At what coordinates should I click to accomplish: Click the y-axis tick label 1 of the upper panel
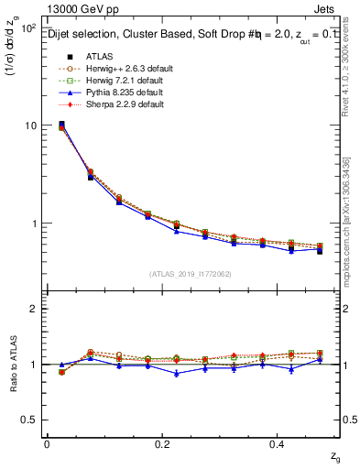tap(34, 224)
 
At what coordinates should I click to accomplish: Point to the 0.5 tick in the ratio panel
tap(29, 420)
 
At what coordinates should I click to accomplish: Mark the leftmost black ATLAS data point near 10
tap(61, 125)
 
